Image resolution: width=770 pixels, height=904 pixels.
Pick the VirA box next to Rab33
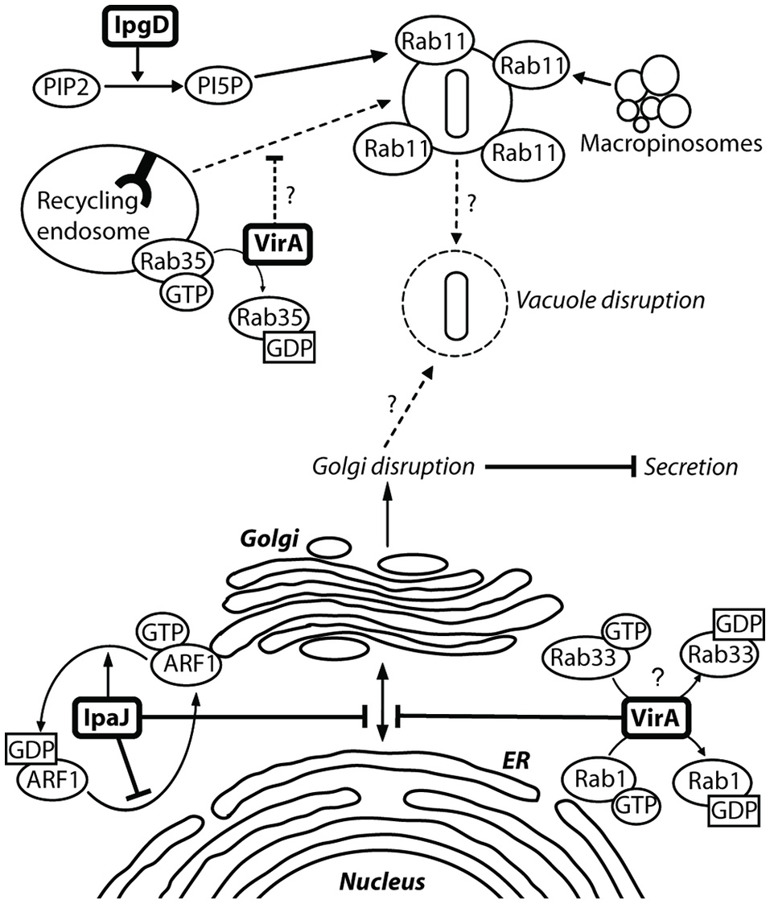point(657,714)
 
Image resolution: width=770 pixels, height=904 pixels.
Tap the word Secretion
point(691,465)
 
